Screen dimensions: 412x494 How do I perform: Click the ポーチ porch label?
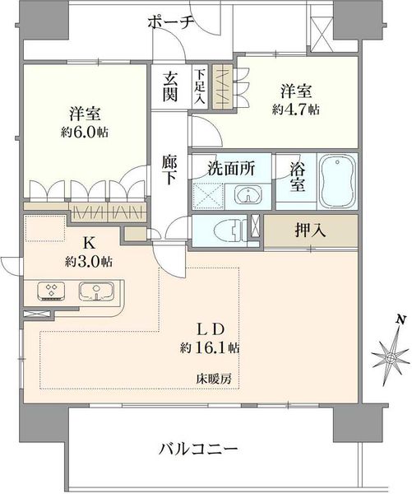[170, 23]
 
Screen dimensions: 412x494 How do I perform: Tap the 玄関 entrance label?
[170, 86]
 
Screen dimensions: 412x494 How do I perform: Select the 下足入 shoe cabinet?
[200, 86]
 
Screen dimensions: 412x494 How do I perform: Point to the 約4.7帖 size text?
[296, 110]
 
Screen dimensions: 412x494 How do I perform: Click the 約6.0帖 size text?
[85, 133]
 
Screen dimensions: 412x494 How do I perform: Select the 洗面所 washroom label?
[231, 168]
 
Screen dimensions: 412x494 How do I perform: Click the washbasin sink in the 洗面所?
[248, 194]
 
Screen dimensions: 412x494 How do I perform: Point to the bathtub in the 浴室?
[337, 181]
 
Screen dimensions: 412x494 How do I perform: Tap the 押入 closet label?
[310, 231]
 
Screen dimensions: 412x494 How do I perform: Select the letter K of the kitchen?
[89, 243]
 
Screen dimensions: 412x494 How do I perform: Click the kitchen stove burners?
[51, 290]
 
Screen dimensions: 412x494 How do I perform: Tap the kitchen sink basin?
[96, 291]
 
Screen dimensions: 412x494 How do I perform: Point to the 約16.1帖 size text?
[210, 347]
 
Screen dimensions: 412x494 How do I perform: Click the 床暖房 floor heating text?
[215, 379]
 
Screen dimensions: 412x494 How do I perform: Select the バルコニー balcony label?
[198, 449]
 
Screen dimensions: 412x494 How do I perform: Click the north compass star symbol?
[391, 358]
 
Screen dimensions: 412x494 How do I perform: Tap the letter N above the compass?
[400, 319]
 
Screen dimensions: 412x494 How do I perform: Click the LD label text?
[211, 329]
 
